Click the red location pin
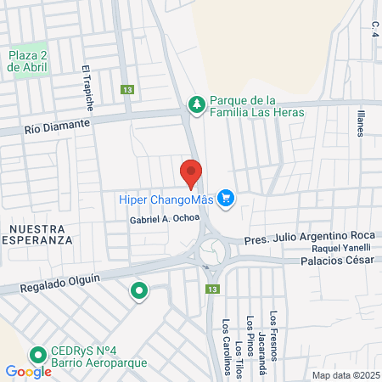coord(191,172)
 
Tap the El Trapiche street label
coord(87,89)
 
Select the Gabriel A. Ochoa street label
coord(165,219)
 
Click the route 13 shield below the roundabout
coord(210,289)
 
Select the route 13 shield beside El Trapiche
coord(127,89)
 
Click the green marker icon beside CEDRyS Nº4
coord(37,355)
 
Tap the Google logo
coord(28,371)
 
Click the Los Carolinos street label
coord(227,346)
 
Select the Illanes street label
coord(361,122)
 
